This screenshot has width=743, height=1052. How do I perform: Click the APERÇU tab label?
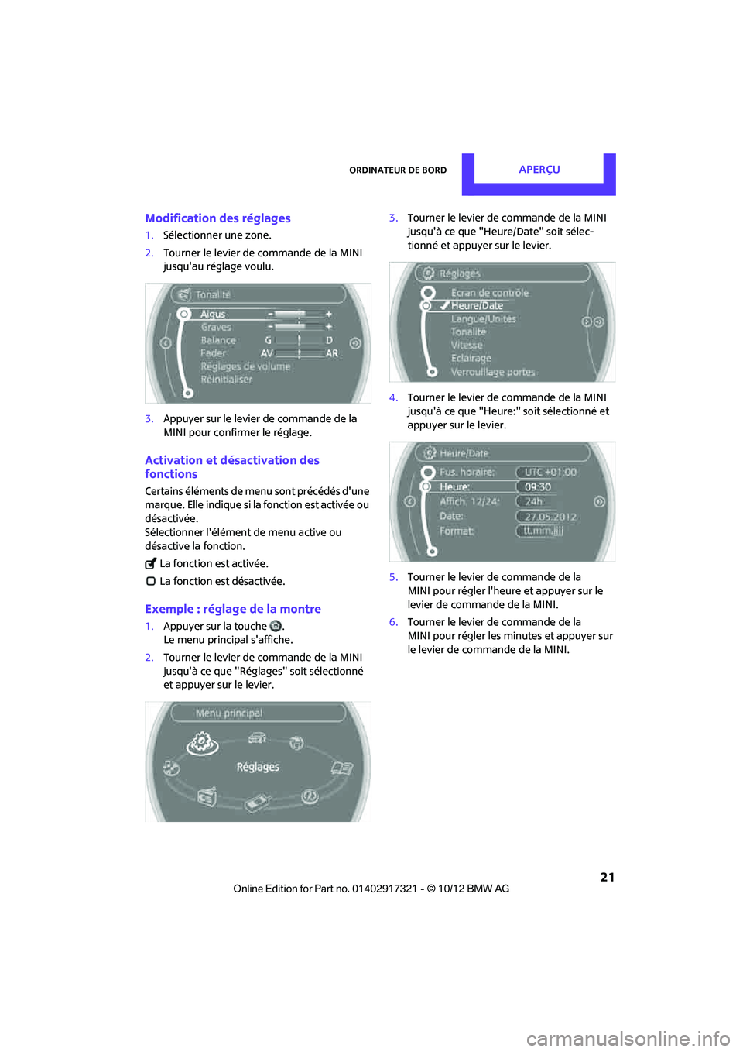tap(539, 170)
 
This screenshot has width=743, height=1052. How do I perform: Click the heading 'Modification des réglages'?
tap(217, 218)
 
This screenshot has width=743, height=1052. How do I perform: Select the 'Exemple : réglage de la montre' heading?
tap(232, 609)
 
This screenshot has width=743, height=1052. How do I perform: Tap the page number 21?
tap(608, 877)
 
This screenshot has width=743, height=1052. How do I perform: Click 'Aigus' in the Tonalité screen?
tap(213, 314)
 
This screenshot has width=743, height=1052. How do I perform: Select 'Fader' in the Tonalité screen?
tap(214, 353)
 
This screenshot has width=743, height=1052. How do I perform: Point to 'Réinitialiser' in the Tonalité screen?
tap(226, 380)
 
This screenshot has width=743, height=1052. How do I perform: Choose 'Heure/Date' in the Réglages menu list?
tap(477, 306)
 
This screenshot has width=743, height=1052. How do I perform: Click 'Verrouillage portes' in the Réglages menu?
tap(493, 372)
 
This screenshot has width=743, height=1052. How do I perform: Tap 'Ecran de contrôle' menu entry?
tap(490, 293)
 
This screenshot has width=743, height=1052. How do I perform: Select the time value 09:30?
tap(538, 487)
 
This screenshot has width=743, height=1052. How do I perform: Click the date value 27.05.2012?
tap(550, 517)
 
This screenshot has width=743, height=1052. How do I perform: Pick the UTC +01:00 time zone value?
tap(550, 472)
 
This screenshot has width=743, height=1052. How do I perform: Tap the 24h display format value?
tap(534, 501)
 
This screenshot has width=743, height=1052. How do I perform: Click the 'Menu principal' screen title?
tap(229, 713)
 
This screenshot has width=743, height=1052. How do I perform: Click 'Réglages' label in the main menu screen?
tap(258, 767)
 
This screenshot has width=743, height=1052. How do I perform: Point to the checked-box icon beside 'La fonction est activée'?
tap(151, 564)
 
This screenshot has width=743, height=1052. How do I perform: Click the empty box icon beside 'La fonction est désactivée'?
tap(151, 581)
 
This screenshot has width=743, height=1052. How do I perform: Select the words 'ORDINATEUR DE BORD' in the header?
tap(398, 170)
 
